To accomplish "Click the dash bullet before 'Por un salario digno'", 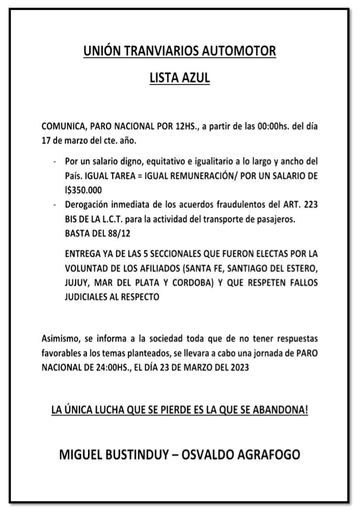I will point(54,162).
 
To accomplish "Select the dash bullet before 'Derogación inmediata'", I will point(54,204).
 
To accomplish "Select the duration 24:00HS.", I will point(117,367).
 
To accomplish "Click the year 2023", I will point(239,367).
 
